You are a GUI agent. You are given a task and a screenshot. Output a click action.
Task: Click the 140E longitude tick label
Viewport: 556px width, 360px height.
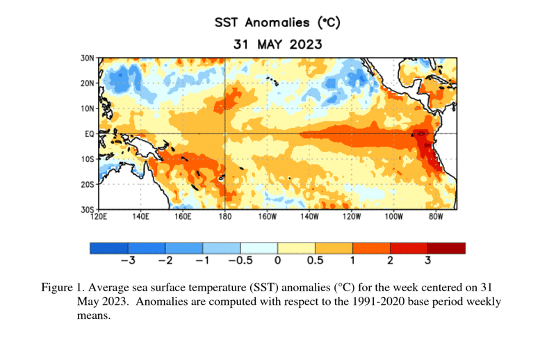pyautogui.click(x=140, y=217)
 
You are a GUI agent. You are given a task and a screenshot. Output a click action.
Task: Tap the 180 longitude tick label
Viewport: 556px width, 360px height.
pyautogui.click(x=224, y=217)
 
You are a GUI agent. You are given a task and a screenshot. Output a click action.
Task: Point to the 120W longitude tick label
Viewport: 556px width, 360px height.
pyautogui.click(x=351, y=217)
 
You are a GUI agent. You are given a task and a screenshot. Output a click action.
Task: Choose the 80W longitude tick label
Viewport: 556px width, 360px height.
pyautogui.click(x=435, y=217)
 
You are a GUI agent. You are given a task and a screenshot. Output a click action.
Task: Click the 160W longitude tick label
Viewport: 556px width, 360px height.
pyautogui.click(x=267, y=217)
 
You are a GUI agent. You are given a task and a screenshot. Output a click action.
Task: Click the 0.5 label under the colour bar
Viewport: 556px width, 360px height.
pyautogui.click(x=315, y=261)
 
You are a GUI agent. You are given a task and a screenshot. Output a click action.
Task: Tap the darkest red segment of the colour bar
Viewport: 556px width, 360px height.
pyautogui.click(x=446, y=248)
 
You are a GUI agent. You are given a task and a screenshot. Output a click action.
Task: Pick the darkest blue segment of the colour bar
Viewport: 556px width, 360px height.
pyautogui.click(x=109, y=248)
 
